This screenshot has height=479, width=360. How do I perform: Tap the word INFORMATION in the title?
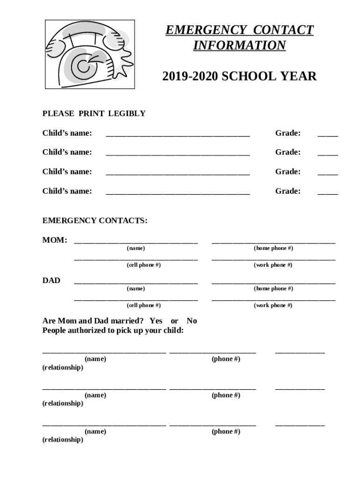point(239,46)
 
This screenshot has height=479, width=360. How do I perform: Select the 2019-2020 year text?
point(190,76)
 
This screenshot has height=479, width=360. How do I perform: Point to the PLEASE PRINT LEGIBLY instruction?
point(94,114)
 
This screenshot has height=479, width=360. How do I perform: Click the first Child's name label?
point(67,133)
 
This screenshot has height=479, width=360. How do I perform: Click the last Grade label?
point(288,191)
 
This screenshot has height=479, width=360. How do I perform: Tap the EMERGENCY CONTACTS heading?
point(95,220)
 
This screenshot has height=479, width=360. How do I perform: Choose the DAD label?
point(51,281)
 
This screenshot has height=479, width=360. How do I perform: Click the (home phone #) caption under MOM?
point(273,248)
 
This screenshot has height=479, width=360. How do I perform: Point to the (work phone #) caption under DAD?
point(273,305)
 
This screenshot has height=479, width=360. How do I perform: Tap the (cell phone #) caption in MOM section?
point(144,265)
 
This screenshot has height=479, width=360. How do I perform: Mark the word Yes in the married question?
point(156,321)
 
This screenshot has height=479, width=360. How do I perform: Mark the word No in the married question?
point(192,321)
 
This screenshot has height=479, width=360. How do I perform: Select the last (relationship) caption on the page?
point(63,440)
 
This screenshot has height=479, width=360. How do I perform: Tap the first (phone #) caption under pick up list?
point(226,359)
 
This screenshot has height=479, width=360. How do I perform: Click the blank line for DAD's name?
point(136,283)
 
